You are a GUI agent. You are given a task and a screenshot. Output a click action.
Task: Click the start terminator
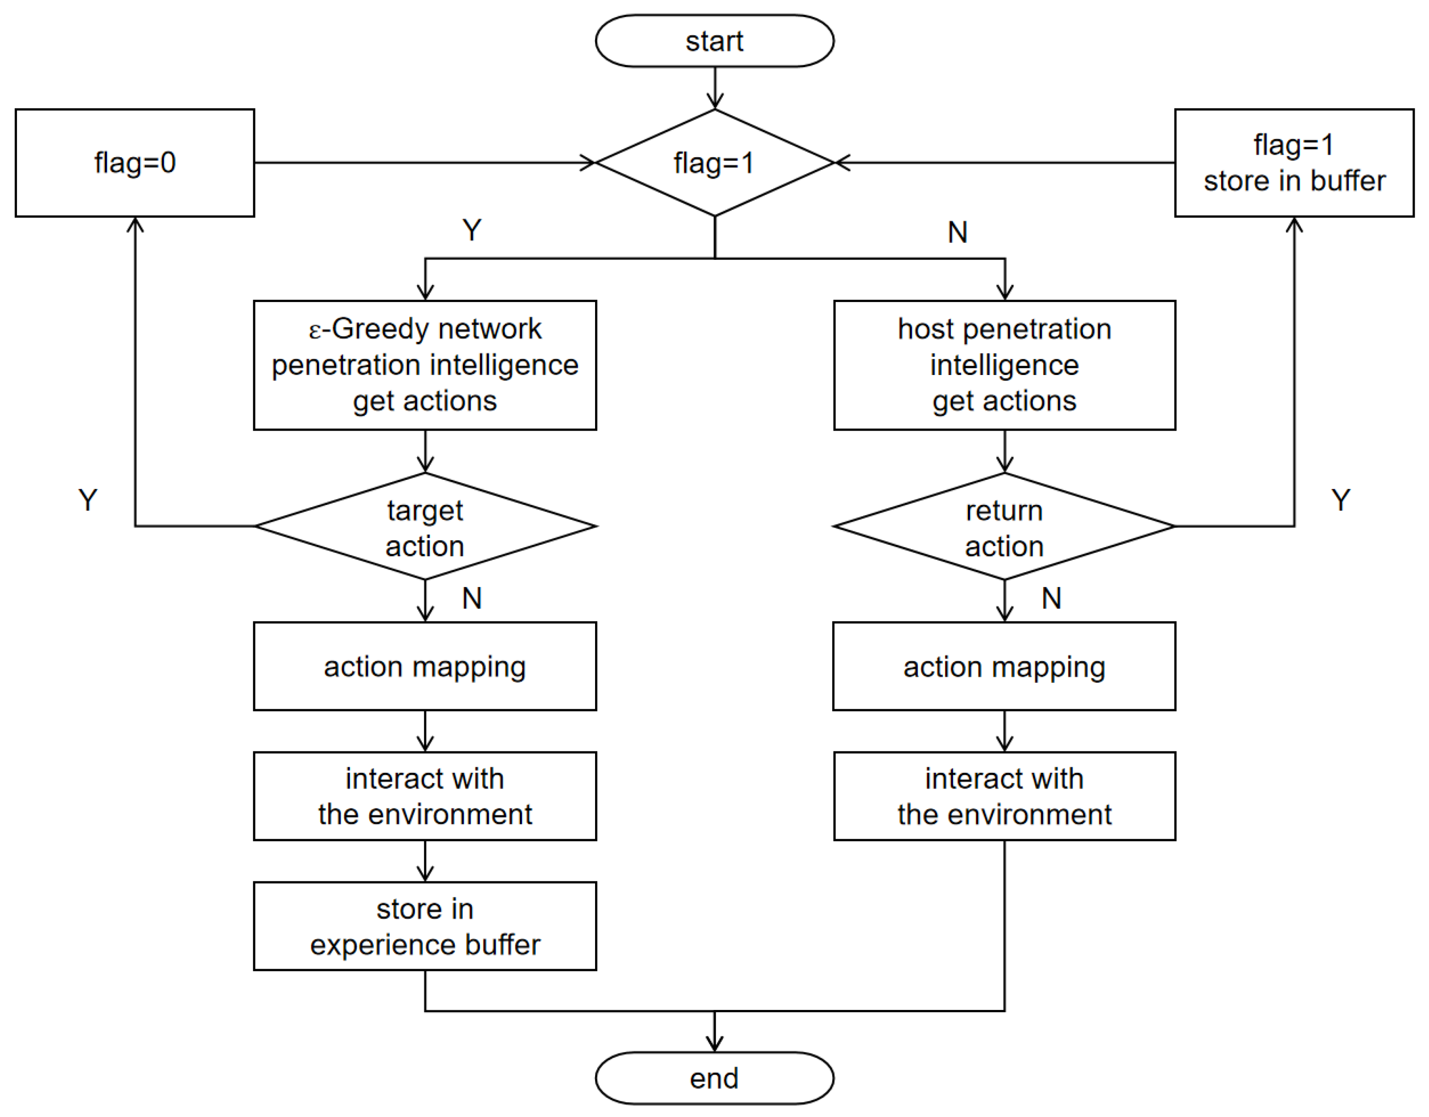pyautogui.click(x=714, y=41)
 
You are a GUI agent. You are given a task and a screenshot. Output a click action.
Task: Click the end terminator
pyautogui.click(x=714, y=1078)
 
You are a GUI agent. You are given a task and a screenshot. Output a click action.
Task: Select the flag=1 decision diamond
pyautogui.click(x=714, y=162)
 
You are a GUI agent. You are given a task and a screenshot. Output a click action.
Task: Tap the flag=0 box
pyautogui.click(x=135, y=162)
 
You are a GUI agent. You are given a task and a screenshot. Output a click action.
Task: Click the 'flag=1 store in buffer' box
pyautogui.click(x=1294, y=162)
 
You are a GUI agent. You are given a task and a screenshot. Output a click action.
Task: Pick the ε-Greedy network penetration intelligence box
pyautogui.click(x=425, y=364)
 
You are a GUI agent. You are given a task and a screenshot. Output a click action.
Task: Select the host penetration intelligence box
pyautogui.click(x=1004, y=364)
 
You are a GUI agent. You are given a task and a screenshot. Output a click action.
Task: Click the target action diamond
pyautogui.click(x=425, y=527)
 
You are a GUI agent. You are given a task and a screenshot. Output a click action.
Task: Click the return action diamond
pyautogui.click(x=1004, y=527)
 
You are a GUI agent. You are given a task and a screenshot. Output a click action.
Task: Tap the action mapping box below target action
pyautogui.click(x=425, y=666)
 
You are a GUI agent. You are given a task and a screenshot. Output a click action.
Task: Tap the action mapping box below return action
pyautogui.click(x=1004, y=666)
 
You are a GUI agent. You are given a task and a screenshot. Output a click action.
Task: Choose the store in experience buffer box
pyautogui.click(x=425, y=926)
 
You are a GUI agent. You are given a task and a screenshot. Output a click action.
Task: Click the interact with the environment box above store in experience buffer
pyautogui.click(x=425, y=796)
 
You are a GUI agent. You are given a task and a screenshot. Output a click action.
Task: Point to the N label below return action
pyautogui.click(x=1051, y=598)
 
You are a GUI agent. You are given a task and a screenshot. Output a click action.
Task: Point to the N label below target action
pyautogui.click(x=472, y=598)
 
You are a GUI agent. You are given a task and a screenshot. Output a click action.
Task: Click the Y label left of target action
pyautogui.click(x=88, y=500)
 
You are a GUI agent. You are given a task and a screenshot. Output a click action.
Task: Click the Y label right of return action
pyautogui.click(x=1341, y=500)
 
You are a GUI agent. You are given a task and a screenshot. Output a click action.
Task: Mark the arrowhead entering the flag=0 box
pyautogui.click(x=135, y=224)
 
